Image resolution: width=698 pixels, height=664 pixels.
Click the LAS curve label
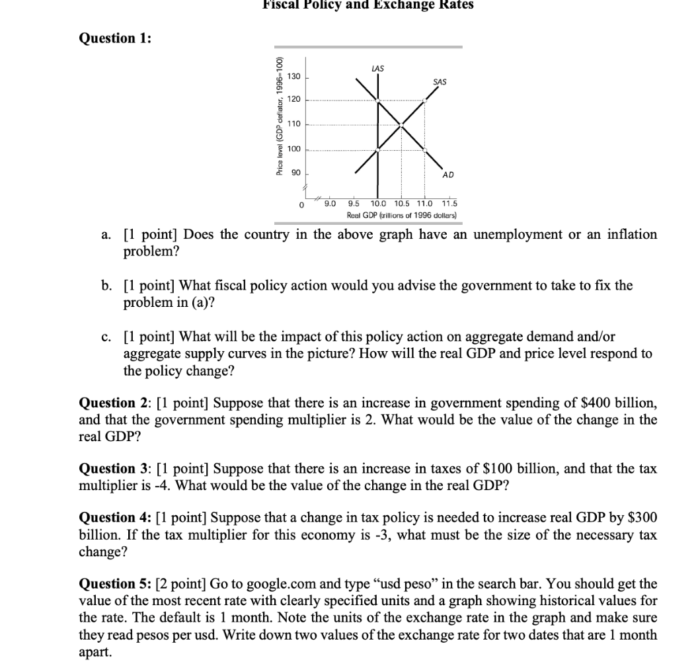click(378, 68)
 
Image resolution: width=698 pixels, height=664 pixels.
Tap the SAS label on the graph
click(439, 82)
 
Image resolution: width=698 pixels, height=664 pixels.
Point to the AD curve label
click(448, 175)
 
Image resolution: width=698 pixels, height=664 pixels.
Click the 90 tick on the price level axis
click(295, 172)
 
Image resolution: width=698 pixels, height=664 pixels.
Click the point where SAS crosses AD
click(401, 124)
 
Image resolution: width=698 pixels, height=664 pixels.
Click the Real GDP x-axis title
click(401, 216)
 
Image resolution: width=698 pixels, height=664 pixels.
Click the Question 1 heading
click(115, 38)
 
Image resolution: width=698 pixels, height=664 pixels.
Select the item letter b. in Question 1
click(106, 286)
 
